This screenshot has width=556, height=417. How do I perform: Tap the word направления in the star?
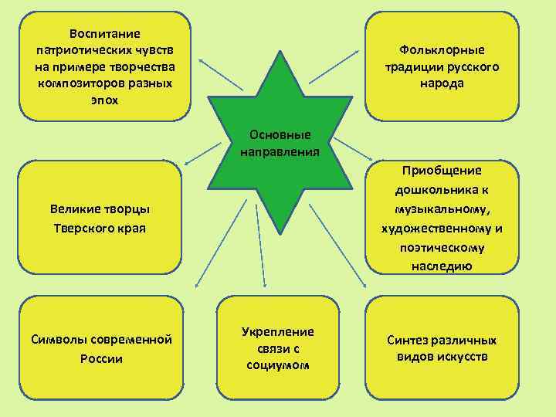click(280, 151)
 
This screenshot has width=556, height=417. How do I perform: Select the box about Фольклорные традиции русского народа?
click(442, 66)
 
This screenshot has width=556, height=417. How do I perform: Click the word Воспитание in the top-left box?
click(104, 33)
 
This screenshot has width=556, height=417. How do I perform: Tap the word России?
click(100, 358)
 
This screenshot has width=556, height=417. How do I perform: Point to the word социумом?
click(278, 364)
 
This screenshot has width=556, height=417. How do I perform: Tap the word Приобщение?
click(442, 171)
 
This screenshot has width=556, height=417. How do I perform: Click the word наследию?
click(442, 266)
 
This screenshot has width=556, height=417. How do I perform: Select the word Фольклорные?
click(442, 50)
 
